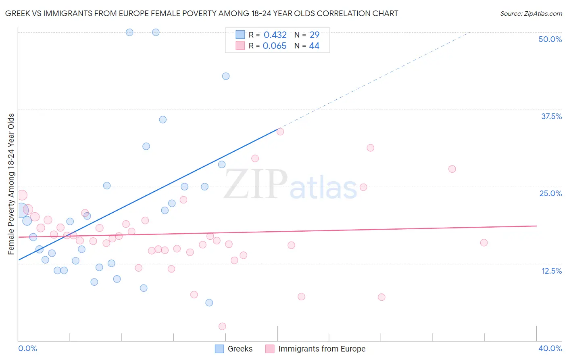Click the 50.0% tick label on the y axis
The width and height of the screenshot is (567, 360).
pyautogui.click(x=550, y=39)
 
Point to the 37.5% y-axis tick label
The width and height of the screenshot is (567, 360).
pyautogui.click(x=551, y=116)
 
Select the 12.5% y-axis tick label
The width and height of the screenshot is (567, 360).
pyautogui.click(x=551, y=271)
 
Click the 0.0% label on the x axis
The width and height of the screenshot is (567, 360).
pyautogui.click(x=27, y=348)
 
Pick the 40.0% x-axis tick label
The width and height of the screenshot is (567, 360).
pyautogui.click(x=550, y=348)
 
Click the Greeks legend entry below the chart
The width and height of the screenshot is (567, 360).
pyautogui.click(x=240, y=349)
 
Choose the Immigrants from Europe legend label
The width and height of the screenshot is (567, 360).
pyautogui.click(x=321, y=349)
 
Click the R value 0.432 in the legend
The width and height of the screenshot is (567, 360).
pyautogui.click(x=275, y=35)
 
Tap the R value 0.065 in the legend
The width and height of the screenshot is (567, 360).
pyautogui.click(x=274, y=46)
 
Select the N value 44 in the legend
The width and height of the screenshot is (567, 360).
pyautogui.click(x=314, y=46)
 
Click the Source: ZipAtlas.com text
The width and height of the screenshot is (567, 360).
pyautogui.click(x=531, y=14)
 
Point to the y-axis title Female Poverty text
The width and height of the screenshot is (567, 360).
pyautogui.click(x=11, y=184)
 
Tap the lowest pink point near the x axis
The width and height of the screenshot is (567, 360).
pyautogui.click(x=222, y=326)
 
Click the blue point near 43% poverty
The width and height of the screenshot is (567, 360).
pyautogui.click(x=226, y=76)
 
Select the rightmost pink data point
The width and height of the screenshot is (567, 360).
pyautogui.click(x=484, y=243)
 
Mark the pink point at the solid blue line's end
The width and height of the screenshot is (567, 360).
pyautogui.click(x=280, y=132)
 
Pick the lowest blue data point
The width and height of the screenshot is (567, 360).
pyautogui.click(x=209, y=303)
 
